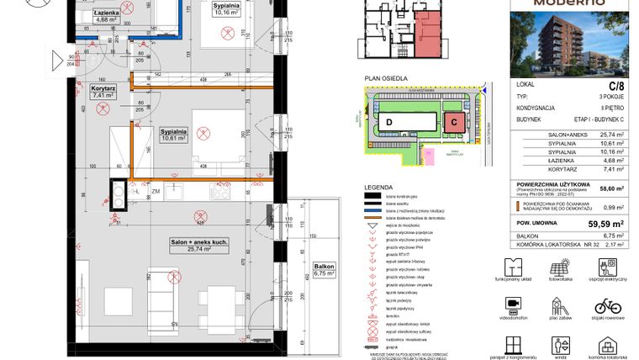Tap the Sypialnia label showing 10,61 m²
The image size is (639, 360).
point(177,135)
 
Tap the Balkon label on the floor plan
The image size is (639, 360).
point(324,270)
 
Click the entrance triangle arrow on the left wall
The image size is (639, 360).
point(56,60)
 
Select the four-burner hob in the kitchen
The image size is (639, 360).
point(221,191)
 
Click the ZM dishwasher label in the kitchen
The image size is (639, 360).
point(156,192)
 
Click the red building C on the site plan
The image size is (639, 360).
point(453,123)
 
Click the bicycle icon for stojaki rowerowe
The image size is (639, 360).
point(608,304)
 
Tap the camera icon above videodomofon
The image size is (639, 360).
point(511,304)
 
